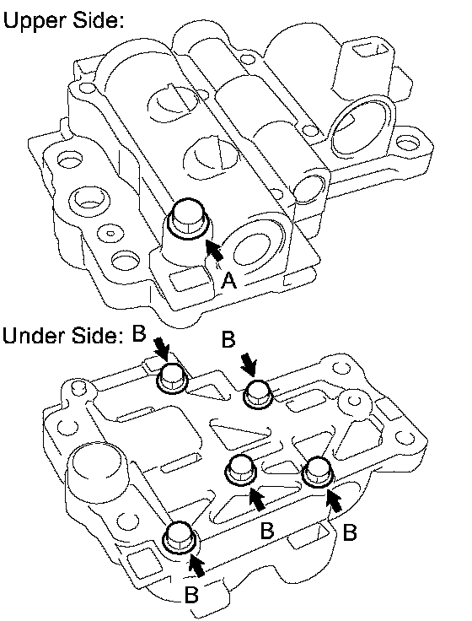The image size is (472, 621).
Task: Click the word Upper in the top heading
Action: point(35,20)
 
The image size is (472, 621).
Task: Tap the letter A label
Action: point(228,281)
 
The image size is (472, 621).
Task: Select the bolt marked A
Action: point(189,222)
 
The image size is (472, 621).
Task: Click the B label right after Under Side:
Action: point(139,333)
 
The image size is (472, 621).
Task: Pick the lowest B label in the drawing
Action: point(191,594)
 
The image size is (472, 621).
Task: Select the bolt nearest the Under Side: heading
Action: point(173,379)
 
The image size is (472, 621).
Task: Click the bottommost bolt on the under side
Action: point(180,537)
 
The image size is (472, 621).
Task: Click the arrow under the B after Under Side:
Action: point(162,349)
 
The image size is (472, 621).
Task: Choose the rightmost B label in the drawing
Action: point(350,532)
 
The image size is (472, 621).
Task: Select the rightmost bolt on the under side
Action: point(318,472)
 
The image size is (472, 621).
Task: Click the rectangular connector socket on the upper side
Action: point(372,51)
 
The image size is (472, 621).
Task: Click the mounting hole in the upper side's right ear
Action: point(405,142)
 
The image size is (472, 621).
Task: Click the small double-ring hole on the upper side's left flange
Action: point(110,233)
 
